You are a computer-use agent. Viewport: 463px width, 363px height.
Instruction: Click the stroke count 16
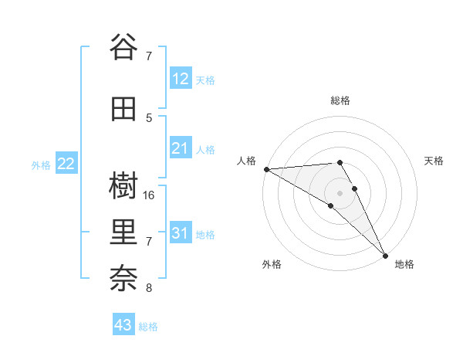150,195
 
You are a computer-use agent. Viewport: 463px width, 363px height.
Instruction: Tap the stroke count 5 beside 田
150,117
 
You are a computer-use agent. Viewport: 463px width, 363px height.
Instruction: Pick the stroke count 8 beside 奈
150,288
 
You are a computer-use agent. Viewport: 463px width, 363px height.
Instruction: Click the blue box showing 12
181,78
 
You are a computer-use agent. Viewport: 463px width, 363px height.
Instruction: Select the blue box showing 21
181,148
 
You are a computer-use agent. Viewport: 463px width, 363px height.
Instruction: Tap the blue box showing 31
181,233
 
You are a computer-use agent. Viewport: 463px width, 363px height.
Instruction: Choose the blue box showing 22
66,164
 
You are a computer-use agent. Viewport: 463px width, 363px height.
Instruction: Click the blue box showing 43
123,325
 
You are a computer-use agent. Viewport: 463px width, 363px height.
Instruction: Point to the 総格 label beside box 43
149,327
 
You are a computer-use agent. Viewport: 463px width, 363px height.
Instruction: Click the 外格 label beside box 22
41,165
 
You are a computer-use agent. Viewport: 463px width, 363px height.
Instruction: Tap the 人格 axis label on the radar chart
247,161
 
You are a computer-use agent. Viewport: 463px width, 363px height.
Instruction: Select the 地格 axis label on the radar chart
404,264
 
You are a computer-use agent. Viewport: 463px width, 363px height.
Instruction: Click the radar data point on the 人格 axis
266,169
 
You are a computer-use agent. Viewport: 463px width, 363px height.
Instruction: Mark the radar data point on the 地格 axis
385,256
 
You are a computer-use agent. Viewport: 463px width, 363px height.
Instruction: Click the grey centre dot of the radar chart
340,192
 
